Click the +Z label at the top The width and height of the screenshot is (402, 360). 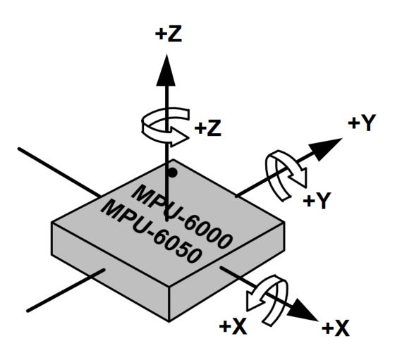[x=169, y=35]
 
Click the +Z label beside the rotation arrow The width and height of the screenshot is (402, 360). [x=207, y=128]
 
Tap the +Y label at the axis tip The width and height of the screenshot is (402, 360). [x=362, y=123]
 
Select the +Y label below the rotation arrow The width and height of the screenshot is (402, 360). [x=317, y=200]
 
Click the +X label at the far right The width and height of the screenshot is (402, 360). [x=335, y=328]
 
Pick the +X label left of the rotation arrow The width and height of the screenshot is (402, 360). [x=233, y=326]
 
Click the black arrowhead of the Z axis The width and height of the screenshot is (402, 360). [x=166, y=70]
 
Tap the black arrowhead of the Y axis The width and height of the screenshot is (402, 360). [x=325, y=149]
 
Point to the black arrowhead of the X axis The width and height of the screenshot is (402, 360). [x=303, y=310]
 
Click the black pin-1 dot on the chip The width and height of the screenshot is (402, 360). [x=173, y=173]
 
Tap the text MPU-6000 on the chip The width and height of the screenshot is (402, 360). [x=182, y=216]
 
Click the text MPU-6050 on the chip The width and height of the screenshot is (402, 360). [x=150, y=232]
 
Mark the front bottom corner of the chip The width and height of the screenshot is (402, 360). [x=169, y=321]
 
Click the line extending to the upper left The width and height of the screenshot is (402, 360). [x=59, y=173]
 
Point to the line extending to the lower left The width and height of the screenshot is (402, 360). [x=66, y=290]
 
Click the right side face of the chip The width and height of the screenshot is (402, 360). [x=227, y=271]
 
